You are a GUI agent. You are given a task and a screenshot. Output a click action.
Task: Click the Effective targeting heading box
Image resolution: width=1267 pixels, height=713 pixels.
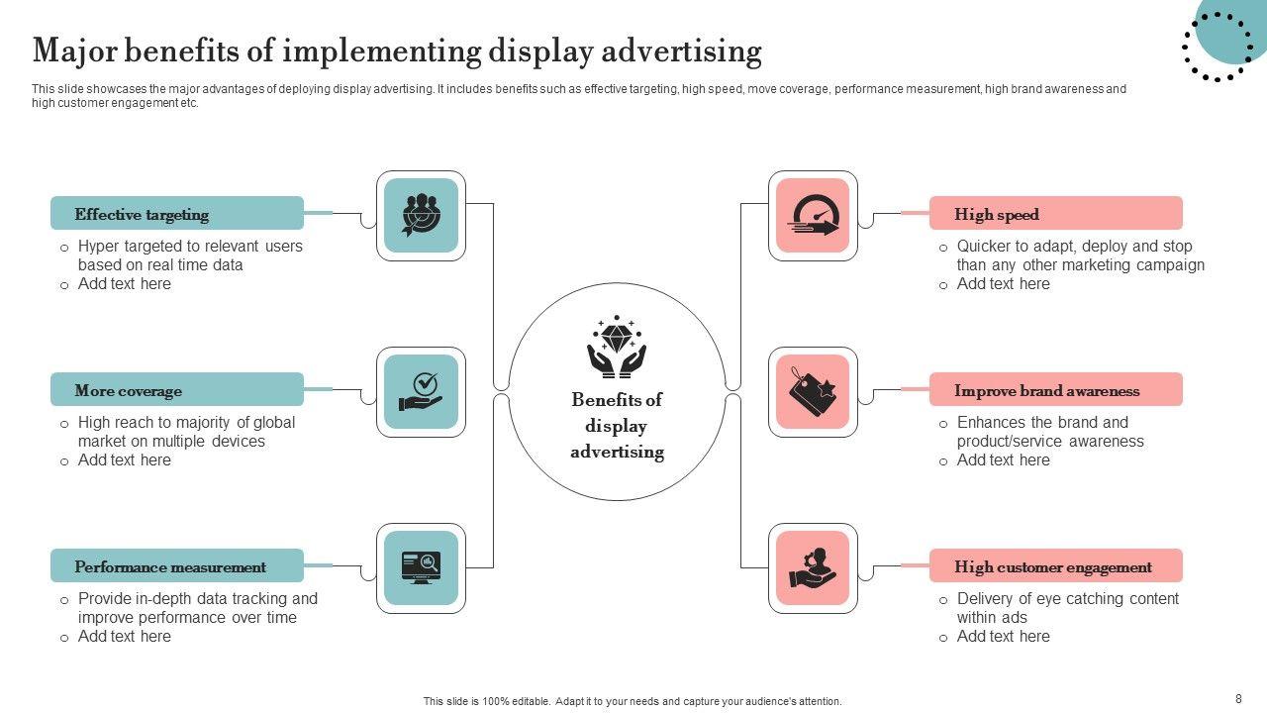click(177, 213)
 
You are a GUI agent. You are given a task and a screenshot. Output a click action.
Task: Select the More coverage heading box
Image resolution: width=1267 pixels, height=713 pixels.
click(177, 389)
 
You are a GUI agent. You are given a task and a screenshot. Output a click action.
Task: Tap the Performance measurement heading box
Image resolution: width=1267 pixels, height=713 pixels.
click(177, 565)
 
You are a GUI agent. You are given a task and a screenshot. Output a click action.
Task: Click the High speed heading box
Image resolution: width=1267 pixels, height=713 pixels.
click(1055, 213)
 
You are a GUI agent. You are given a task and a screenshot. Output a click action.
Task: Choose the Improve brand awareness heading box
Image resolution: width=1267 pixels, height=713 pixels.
click(1055, 389)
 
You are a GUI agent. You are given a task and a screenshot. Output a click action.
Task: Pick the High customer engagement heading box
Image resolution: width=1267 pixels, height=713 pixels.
click(1055, 565)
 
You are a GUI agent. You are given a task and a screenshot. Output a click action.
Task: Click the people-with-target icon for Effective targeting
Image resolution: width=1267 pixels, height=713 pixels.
click(421, 215)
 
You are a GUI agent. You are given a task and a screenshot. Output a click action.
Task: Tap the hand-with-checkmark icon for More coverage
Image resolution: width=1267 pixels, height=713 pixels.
click(421, 391)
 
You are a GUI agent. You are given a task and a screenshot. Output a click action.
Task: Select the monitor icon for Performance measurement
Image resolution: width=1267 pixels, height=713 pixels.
click(421, 567)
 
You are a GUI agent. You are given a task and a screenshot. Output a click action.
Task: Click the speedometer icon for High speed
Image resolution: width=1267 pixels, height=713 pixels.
click(813, 215)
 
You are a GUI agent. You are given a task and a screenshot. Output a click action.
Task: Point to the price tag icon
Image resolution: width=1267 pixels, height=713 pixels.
click(813, 391)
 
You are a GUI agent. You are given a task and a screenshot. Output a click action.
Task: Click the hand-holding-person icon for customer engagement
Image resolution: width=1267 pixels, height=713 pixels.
click(813, 567)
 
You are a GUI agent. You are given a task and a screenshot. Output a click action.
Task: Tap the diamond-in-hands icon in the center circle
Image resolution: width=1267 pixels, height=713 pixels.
click(617, 347)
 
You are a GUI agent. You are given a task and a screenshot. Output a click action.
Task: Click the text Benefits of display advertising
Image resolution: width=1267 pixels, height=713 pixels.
click(617, 426)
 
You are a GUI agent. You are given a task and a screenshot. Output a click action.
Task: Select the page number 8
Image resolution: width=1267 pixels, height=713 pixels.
click(1238, 698)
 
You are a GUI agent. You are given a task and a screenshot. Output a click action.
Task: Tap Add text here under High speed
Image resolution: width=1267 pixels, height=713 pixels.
click(1003, 284)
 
